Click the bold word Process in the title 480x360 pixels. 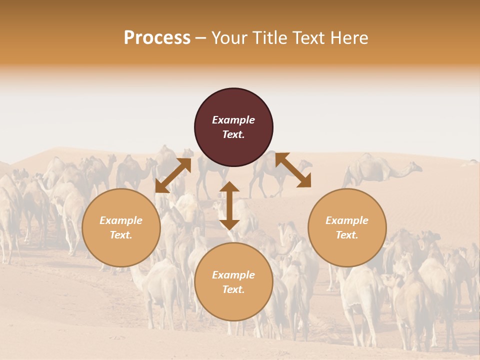click(157, 38)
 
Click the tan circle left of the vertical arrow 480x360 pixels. click(121, 227)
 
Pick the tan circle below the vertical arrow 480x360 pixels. click(233, 282)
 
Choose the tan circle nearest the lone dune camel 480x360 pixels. click(347, 227)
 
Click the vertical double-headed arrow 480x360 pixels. click(229, 205)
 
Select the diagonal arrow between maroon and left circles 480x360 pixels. click(173, 175)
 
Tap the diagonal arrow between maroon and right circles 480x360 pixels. click(293, 170)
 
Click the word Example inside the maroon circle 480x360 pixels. click(233, 120)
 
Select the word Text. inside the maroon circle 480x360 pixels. click(233, 134)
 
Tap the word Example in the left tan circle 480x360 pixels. click(121, 220)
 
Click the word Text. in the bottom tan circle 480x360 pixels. click(233, 289)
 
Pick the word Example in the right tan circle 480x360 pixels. click(347, 220)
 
